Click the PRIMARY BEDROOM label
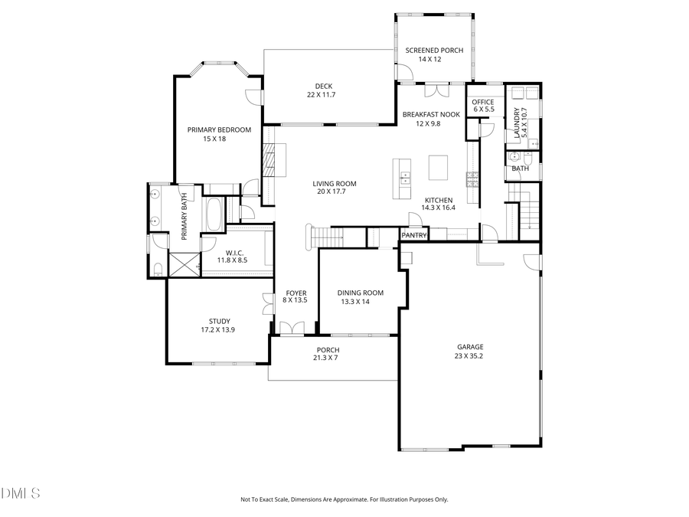[219, 129]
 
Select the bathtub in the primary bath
[214, 214]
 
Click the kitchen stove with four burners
[472, 179]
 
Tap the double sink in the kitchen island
[403, 179]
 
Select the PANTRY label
[413, 235]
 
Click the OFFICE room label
[482, 102]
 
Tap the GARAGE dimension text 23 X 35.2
[470, 355]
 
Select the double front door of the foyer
[291, 329]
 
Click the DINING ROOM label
[361, 293]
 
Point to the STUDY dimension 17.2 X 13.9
[219, 329]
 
